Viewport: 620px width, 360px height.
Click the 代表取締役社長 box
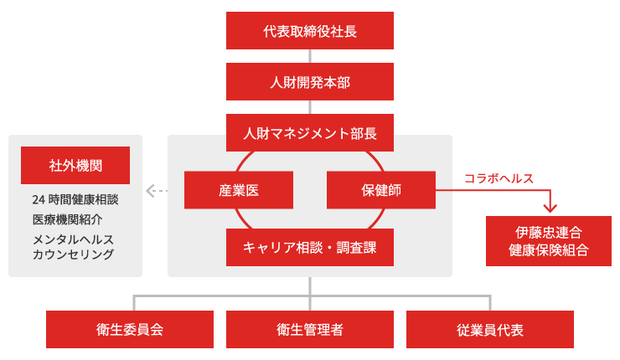(x=310, y=31)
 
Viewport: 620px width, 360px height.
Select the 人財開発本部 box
(x=310, y=82)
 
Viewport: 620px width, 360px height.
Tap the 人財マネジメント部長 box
(x=310, y=132)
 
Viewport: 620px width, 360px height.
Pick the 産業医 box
(x=239, y=190)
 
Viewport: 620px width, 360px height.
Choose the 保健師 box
(x=380, y=190)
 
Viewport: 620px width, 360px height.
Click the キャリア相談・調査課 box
(x=310, y=247)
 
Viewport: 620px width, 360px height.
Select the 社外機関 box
(x=75, y=165)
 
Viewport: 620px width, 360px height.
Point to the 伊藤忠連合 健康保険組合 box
(x=549, y=241)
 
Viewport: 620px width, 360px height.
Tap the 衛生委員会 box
(x=130, y=329)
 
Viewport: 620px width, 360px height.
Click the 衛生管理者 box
(x=310, y=329)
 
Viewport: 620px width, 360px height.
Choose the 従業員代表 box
(x=490, y=329)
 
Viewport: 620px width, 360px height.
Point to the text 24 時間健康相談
(x=75, y=200)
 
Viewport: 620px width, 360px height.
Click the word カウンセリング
(x=73, y=255)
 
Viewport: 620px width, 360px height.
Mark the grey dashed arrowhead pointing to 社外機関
(x=151, y=191)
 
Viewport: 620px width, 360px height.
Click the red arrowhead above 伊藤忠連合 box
(x=550, y=207)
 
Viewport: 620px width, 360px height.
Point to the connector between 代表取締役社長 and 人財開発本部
(x=310, y=56)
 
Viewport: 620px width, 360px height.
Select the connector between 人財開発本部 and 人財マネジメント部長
(x=310, y=107)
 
